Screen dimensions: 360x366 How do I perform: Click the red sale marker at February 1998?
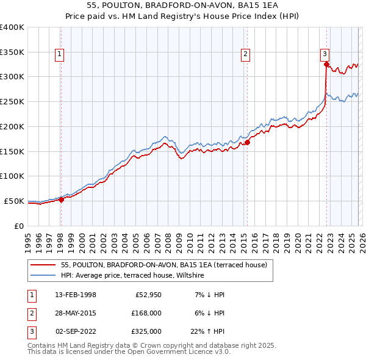coord(61,199)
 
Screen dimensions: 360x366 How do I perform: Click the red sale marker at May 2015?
coord(248,143)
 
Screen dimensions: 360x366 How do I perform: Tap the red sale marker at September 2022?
coord(326,64)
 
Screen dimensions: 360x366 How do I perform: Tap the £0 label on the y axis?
coord(18,226)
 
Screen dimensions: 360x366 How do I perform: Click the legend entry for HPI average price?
coord(132,276)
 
